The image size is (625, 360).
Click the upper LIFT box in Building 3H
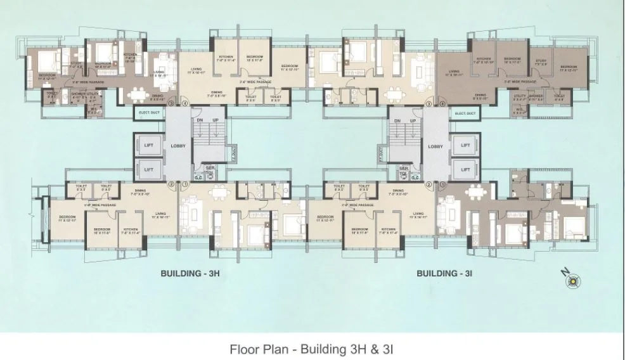[148, 145]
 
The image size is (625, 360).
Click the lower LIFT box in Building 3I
[465, 170]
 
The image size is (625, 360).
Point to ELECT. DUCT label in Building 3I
[465, 113]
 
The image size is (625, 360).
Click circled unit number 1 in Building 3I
[442, 185]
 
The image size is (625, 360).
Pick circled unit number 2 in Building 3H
[171, 185]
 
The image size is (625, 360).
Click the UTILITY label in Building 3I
[519, 96]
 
